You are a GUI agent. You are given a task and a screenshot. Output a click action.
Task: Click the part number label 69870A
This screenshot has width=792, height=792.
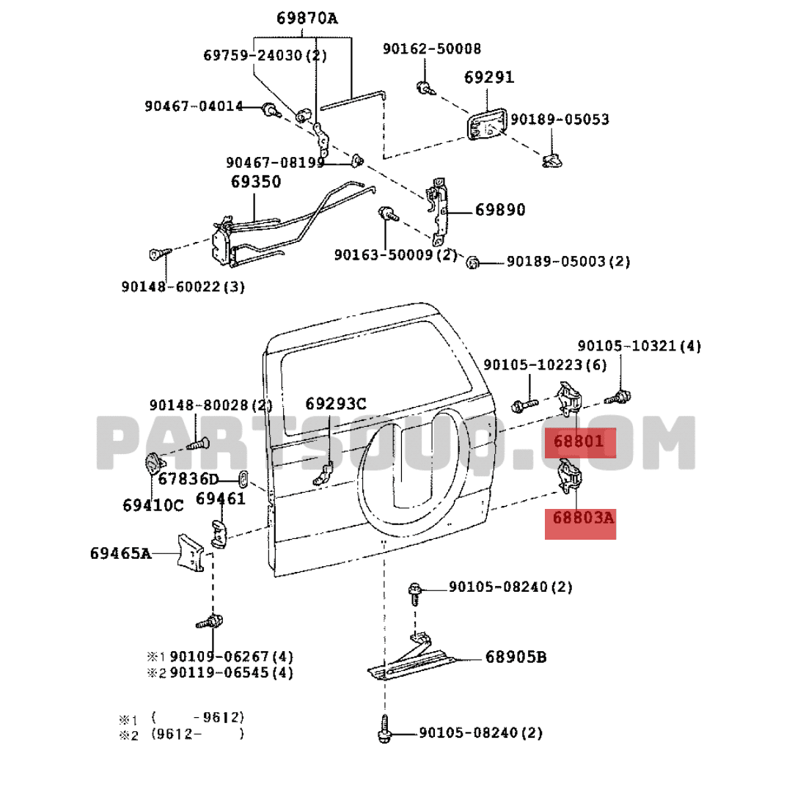[307, 18]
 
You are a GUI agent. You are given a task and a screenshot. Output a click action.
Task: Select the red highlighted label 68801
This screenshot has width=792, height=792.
[579, 441]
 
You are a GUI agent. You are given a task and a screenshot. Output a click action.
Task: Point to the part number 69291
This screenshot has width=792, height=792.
[489, 78]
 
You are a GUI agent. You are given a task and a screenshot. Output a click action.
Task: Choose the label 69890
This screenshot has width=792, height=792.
[500, 210]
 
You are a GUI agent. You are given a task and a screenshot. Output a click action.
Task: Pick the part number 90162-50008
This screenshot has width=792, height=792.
[432, 49]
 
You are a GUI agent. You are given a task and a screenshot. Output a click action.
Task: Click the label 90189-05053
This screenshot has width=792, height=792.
[560, 120]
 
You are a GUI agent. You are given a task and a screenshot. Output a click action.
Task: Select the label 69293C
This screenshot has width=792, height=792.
[336, 403]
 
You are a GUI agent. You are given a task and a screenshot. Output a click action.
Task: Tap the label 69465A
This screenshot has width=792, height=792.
[121, 553]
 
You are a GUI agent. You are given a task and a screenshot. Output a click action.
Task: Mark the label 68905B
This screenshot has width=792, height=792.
[516, 657]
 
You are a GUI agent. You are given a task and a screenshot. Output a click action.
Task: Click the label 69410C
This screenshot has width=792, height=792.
[153, 505]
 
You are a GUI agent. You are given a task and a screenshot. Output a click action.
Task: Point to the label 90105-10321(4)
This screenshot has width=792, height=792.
[639, 346]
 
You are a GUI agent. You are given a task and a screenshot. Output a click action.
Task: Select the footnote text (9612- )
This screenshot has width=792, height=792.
[197, 733]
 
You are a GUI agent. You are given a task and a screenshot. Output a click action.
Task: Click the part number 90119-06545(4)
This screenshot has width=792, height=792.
[232, 672]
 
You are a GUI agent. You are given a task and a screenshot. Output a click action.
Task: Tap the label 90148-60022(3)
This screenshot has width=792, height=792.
[183, 287]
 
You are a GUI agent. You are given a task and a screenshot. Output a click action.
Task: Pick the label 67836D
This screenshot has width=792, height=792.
[189, 480]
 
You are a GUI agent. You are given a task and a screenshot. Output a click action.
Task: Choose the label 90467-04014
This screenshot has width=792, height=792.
[194, 106]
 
